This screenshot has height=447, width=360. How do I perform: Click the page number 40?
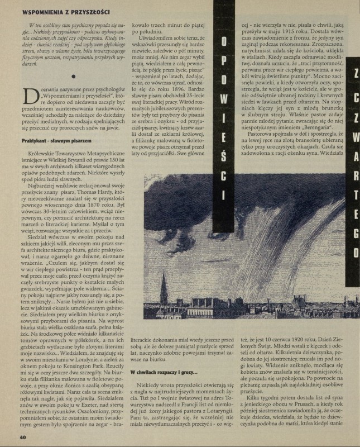tap(23, 437)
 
